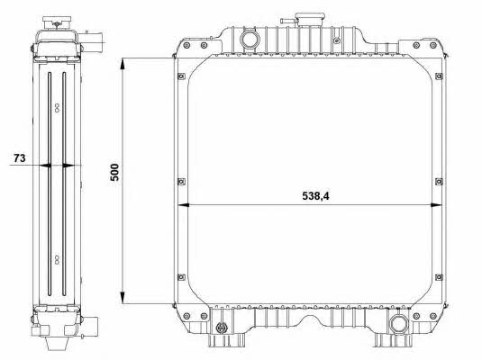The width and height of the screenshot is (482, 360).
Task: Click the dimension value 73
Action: (19, 157)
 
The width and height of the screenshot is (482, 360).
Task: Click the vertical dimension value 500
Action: (114, 172)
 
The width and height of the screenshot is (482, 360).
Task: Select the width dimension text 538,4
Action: (315, 196)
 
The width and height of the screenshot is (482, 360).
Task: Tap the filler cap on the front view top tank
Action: (310, 20)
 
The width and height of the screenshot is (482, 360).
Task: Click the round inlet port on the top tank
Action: (250, 40)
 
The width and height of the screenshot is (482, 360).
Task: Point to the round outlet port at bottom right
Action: (399, 324)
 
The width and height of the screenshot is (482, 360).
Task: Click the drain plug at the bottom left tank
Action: (221, 328)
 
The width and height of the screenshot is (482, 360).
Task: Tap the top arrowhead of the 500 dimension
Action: (123, 66)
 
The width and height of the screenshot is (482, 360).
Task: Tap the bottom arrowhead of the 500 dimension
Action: (123, 296)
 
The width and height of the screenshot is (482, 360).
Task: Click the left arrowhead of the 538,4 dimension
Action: (184, 205)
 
